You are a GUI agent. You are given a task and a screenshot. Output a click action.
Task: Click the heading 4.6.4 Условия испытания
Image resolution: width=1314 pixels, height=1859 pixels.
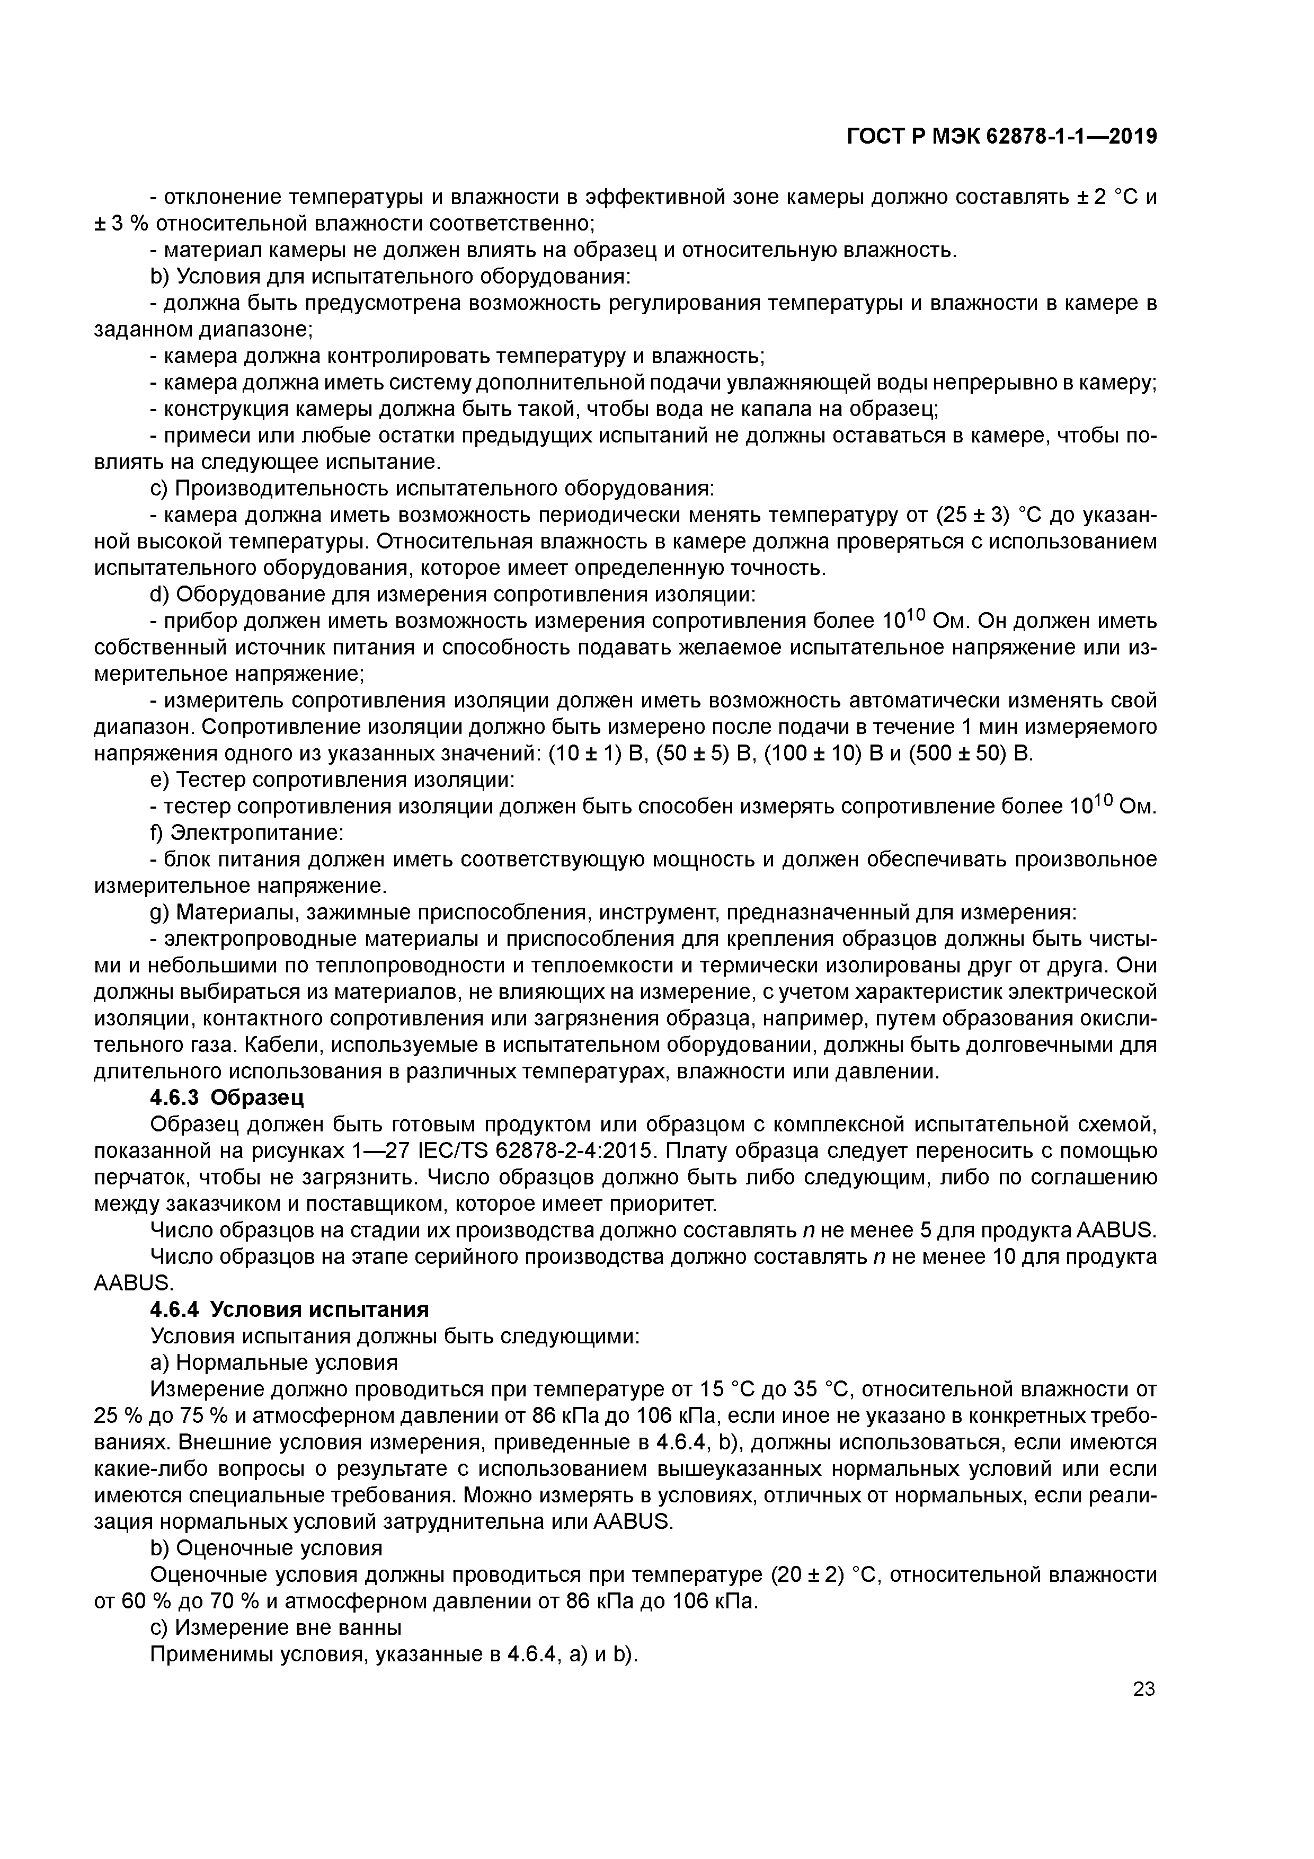(290, 1310)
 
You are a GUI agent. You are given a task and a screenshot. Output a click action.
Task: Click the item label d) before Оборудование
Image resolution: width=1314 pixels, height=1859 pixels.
(158, 595)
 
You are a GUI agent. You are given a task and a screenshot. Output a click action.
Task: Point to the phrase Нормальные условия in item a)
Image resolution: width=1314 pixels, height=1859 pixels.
(287, 1362)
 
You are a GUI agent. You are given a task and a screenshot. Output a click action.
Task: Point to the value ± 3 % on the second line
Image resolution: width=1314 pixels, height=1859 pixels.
(118, 224)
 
